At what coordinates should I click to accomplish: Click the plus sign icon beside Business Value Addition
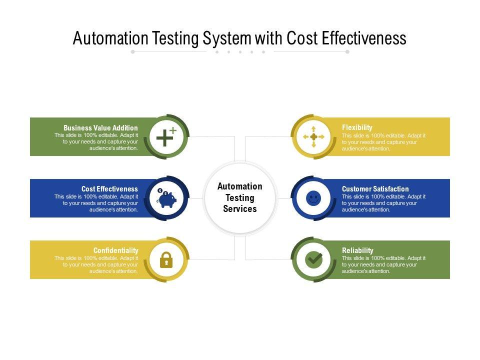tap(165, 136)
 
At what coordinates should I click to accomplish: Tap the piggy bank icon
tap(166, 198)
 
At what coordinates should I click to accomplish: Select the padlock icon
tap(166, 259)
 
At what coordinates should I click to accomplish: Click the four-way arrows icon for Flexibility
tap(313, 136)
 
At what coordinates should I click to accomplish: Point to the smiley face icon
tap(313, 198)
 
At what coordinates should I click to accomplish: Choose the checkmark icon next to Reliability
tap(313, 259)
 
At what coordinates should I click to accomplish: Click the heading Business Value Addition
tap(100, 128)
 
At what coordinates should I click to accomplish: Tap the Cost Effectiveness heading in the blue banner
tap(109, 189)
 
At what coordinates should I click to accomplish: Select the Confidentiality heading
tap(115, 250)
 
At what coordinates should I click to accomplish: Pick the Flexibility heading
tap(357, 127)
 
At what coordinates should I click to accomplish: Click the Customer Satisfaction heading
tap(375, 189)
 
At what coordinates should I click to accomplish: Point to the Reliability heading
tap(357, 250)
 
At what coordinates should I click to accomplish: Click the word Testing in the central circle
tap(240, 197)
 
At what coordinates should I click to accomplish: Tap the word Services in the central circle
tap(240, 209)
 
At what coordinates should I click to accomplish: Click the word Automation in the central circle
tap(240, 186)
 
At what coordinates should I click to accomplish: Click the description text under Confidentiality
tap(96, 264)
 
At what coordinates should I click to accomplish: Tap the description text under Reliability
tap(383, 264)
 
